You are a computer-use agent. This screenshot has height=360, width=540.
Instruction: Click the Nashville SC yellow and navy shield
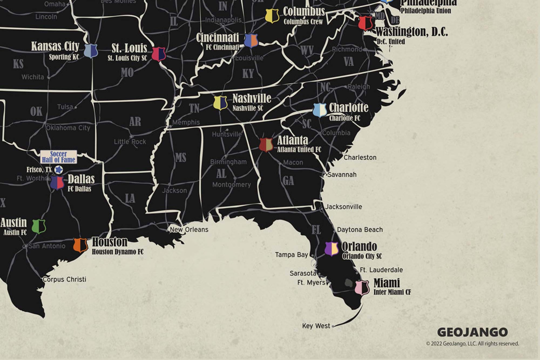(220, 103)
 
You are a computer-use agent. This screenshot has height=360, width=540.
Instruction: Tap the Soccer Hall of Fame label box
(59, 157)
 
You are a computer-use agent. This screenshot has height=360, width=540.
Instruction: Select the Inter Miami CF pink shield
(362, 287)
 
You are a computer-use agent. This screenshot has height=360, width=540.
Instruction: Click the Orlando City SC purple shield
(332, 248)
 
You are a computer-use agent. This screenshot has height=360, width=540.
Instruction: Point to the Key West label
(316, 326)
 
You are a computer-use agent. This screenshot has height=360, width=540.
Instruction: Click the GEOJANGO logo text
(472, 332)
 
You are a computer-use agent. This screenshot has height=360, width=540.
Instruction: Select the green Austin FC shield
(39, 226)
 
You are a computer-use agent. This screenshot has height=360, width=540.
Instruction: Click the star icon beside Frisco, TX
(59, 170)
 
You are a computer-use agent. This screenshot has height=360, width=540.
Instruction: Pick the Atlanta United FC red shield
(266, 145)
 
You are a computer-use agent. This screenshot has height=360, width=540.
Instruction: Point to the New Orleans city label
(189, 230)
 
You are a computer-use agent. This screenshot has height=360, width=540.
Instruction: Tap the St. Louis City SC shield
(158, 54)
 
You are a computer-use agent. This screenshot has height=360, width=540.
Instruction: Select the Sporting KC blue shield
(91, 51)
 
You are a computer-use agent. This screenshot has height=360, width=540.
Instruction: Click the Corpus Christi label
(64, 279)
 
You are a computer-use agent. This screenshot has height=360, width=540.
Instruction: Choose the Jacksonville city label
(343, 207)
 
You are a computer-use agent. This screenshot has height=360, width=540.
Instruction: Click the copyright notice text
(472, 344)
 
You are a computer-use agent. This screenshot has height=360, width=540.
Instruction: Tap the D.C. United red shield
(365, 23)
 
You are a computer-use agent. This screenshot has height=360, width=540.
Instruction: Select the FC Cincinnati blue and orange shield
(251, 41)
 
